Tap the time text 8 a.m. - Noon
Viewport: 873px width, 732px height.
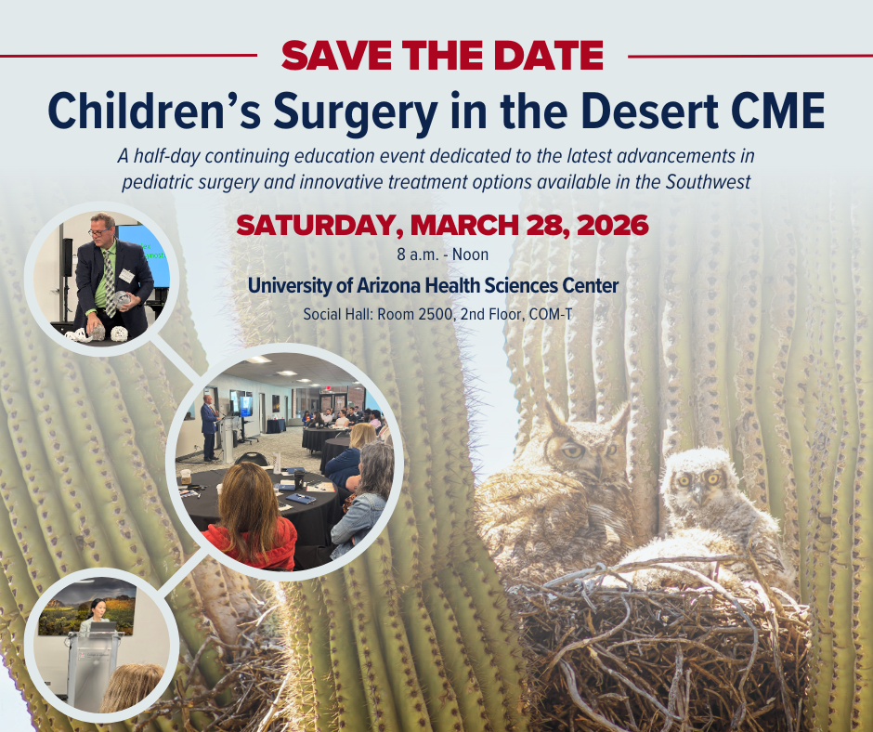[436, 253]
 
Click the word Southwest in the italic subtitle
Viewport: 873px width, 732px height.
[707, 181]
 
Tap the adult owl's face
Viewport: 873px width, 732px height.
[576, 449]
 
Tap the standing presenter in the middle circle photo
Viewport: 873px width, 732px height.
[209, 425]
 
